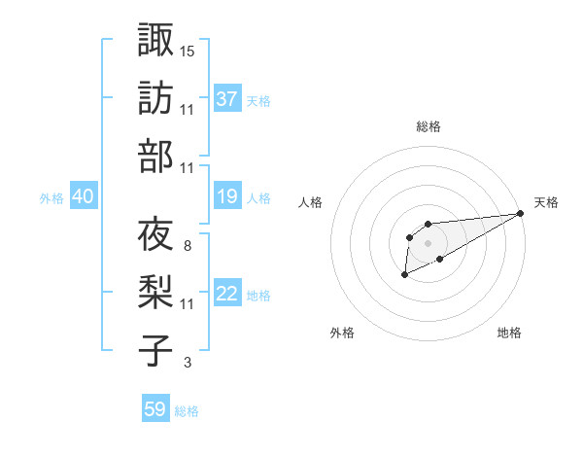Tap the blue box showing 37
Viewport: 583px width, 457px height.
227,98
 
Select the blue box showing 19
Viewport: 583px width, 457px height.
227,197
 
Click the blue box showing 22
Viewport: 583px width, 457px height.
227,295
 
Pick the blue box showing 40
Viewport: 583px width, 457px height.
83,197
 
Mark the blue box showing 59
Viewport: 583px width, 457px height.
154,409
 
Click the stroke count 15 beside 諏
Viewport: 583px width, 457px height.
188,50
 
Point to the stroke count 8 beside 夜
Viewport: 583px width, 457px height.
187,245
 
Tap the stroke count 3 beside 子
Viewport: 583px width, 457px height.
187,363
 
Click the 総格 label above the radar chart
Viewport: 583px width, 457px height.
428,127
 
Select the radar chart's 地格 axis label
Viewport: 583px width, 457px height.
509,334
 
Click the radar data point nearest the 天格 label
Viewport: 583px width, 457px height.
522,214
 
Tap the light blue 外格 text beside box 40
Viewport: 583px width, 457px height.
51,198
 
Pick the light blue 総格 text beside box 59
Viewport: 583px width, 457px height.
187,411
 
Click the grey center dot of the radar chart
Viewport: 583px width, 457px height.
428,242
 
